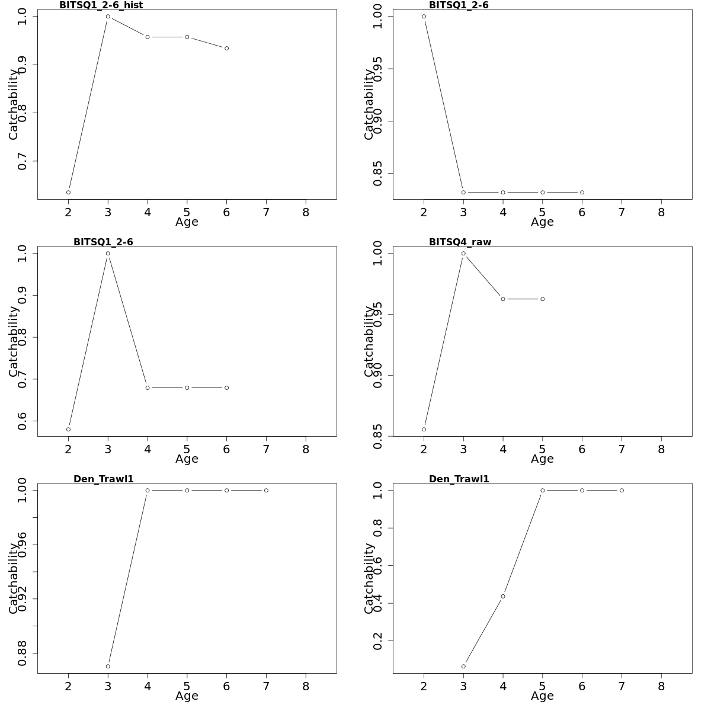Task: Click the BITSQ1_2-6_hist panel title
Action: point(101,5)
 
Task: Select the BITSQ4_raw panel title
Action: point(460,242)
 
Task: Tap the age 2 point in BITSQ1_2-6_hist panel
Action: point(68,193)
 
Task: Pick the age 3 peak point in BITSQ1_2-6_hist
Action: point(108,17)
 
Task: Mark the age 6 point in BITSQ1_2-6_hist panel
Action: point(226,49)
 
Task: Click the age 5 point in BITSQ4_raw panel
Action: point(542,299)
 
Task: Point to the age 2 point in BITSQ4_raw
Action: point(424,430)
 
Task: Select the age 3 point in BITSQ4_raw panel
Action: point(463,254)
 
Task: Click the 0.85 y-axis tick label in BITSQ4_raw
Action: point(378,436)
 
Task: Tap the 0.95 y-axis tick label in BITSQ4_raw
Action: point(378,314)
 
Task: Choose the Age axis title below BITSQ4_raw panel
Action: point(542,459)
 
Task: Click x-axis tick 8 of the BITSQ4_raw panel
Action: point(661,449)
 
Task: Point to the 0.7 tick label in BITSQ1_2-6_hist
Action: point(23,161)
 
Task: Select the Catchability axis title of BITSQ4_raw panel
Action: point(369,341)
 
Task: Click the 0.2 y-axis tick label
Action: point(378,641)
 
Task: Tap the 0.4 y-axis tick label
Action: point(378,603)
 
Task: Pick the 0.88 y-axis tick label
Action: point(23,653)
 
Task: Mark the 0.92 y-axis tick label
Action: point(23,598)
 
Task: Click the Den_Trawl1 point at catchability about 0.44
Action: point(502,596)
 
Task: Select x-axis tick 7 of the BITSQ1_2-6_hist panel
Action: point(266,212)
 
